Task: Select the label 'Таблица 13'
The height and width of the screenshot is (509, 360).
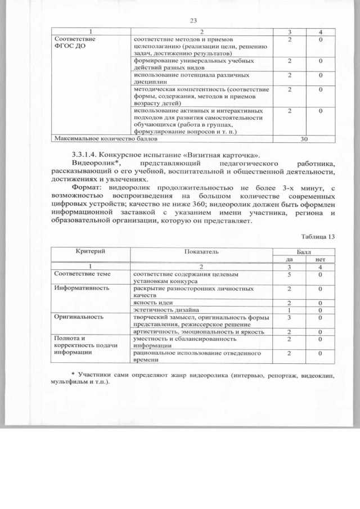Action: (318, 236)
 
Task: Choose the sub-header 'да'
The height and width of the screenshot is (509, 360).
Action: (289, 259)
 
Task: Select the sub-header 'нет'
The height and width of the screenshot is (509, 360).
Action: (320, 259)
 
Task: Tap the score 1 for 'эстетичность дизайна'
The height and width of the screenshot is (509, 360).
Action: (289, 310)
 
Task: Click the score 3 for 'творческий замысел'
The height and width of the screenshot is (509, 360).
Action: (289, 318)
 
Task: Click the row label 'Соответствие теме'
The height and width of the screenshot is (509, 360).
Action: (81, 273)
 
